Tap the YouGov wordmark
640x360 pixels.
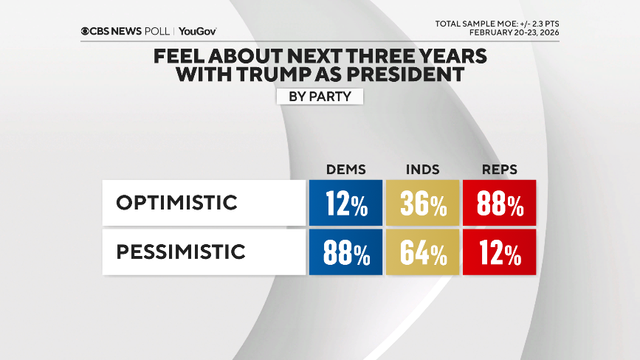[197, 31]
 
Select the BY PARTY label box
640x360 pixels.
[320, 96]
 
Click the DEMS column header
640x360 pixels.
[345, 169]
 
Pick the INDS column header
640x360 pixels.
[423, 169]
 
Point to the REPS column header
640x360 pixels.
[499, 169]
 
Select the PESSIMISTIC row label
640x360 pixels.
[181, 252]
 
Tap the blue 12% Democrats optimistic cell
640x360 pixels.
[345, 203]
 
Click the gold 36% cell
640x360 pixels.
[423, 203]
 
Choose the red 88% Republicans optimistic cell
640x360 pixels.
[500, 203]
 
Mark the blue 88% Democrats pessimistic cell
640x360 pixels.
[345, 252]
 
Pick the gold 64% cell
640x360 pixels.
[423, 252]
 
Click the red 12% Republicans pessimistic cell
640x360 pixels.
[500, 252]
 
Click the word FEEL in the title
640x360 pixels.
[180, 57]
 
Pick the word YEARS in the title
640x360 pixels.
[447, 57]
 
